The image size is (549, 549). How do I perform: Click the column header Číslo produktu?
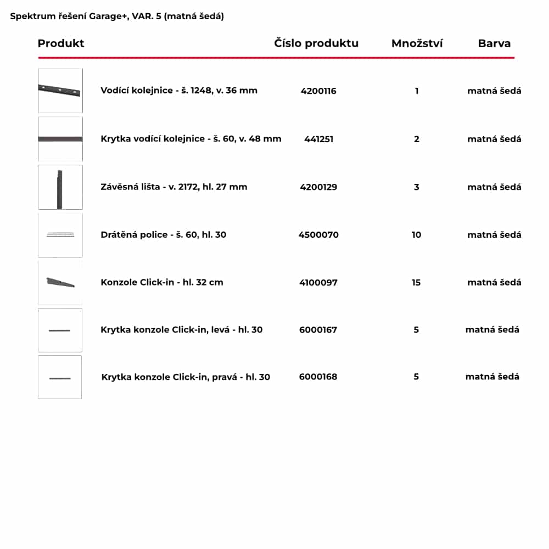pyautogui.click(x=316, y=43)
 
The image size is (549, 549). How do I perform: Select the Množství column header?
pyautogui.click(x=417, y=43)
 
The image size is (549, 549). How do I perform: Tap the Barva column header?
pyautogui.click(x=494, y=43)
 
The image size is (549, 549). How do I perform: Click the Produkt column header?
pyautogui.click(x=61, y=43)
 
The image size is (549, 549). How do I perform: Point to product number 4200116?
pyautogui.click(x=318, y=91)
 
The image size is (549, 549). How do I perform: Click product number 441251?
pyautogui.click(x=318, y=139)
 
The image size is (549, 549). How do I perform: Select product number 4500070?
pyautogui.click(x=318, y=235)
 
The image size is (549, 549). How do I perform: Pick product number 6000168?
pyautogui.click(x=318, y=377)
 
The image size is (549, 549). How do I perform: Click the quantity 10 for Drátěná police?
pyautogui.click(x=417, y=235)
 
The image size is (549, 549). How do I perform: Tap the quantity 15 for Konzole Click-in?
pyautogui.click(x=416, y=283)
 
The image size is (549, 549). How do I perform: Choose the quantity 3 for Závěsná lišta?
pyautogui.click(x=417, y=187)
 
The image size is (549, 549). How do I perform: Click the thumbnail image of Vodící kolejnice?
pyautogui.click(x=60, y=91)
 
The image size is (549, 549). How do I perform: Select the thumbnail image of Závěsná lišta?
pyautogui.click(x=60, y=187)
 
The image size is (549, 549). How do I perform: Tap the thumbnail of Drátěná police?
pyautogui.click(x=60, y=235)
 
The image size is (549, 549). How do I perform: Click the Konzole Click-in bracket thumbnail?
pyautogui.click(x=60, y=283)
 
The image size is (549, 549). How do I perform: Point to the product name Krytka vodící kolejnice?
pyautogui.click(x=191, y=139)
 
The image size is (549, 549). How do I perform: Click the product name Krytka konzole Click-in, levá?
pyautogui.click(x=181, y=330)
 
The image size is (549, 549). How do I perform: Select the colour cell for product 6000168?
pyautogui.click(x=492, y=377)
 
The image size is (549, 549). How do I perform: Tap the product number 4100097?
pyautogui.click(x=318, y=283)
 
